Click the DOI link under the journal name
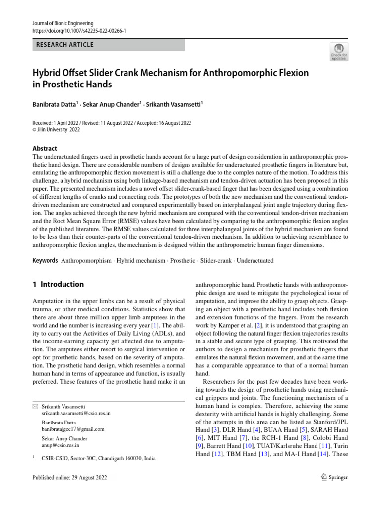[x=79, y=31]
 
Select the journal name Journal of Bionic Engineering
[x=63, y=23]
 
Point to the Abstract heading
[x=45, y=148]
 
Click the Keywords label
[x=44, y=260]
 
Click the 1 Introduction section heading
[x=58, y=285]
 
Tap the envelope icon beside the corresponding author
[x=34, y=406]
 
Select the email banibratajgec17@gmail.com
[x=73, y=429]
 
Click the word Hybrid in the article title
[x=48, y=73]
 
